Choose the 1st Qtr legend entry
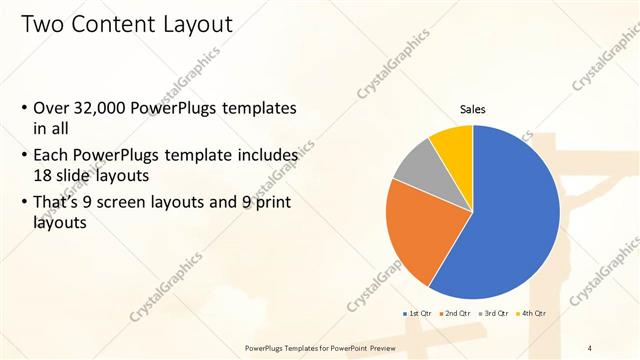(x=417, y=314)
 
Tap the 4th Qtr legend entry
(x=533, y=314)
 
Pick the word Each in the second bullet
(x=51, y=156)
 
